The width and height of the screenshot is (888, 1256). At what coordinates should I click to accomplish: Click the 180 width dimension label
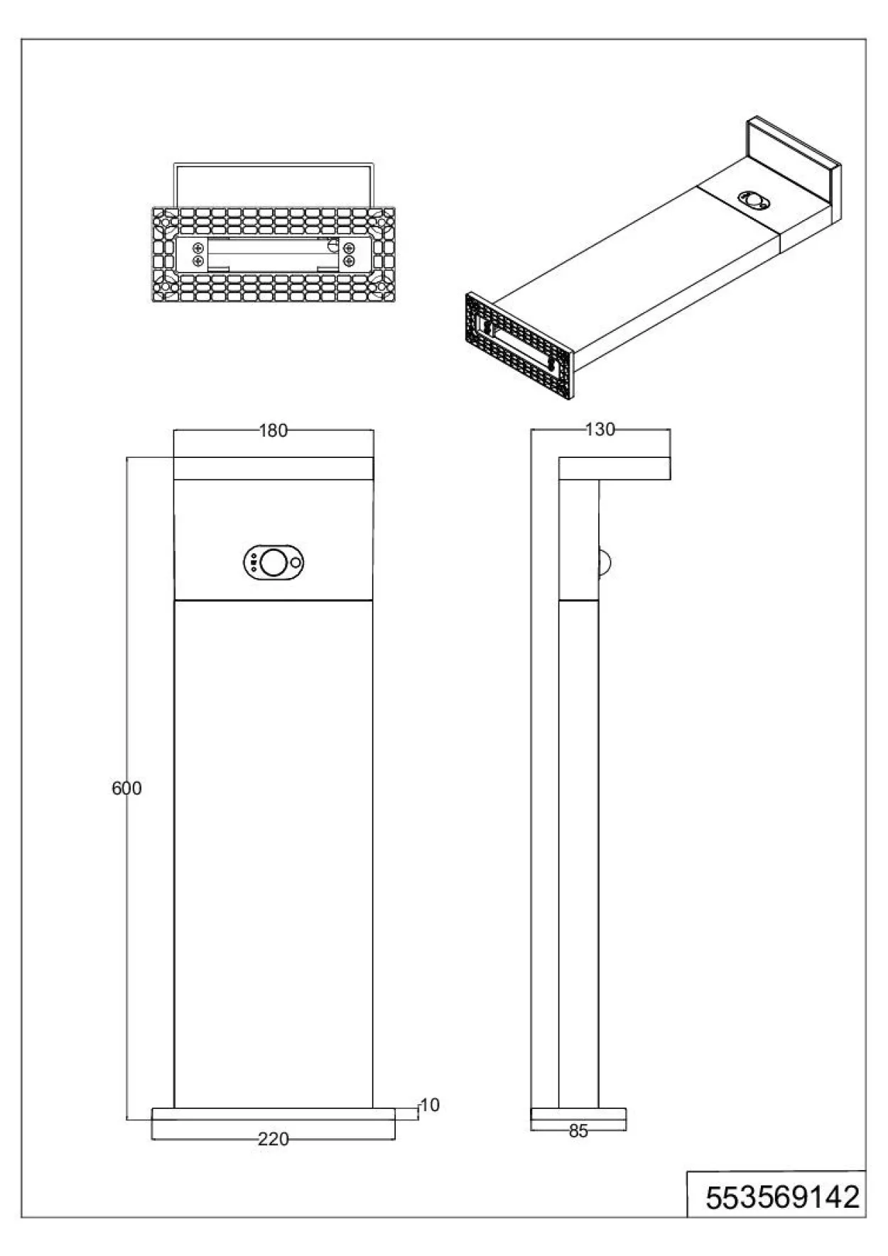[274, 430]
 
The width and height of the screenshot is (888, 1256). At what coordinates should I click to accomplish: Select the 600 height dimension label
[126, 788]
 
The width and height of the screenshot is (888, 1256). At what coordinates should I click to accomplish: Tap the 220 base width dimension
[274, 1139]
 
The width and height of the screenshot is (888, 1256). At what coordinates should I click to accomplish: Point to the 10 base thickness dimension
[431, 1105]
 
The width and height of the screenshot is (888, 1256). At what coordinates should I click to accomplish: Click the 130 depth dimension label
[600, 430]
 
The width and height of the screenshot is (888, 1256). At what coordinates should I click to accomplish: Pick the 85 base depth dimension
[579, 1131]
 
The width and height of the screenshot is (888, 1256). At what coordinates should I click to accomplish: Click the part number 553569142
[782, 1198]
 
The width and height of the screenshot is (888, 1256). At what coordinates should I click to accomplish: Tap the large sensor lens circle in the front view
[272, 562]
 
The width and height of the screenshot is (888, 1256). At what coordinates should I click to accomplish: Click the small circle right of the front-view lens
[296, 562]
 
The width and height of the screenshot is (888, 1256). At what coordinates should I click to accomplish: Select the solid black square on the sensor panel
[254, 562]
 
